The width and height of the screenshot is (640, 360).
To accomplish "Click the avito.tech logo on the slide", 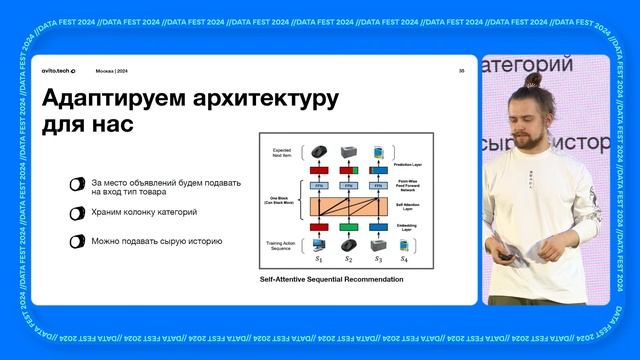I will tap(56, 71).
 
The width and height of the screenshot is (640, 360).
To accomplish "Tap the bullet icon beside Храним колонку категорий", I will tap(77, 213).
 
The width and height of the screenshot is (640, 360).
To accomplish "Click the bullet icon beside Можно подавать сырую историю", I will tap(77, 241).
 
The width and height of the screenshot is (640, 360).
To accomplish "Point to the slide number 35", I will tap(461, 71).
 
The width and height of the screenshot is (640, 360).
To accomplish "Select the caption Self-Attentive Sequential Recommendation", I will tap(330, 279).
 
